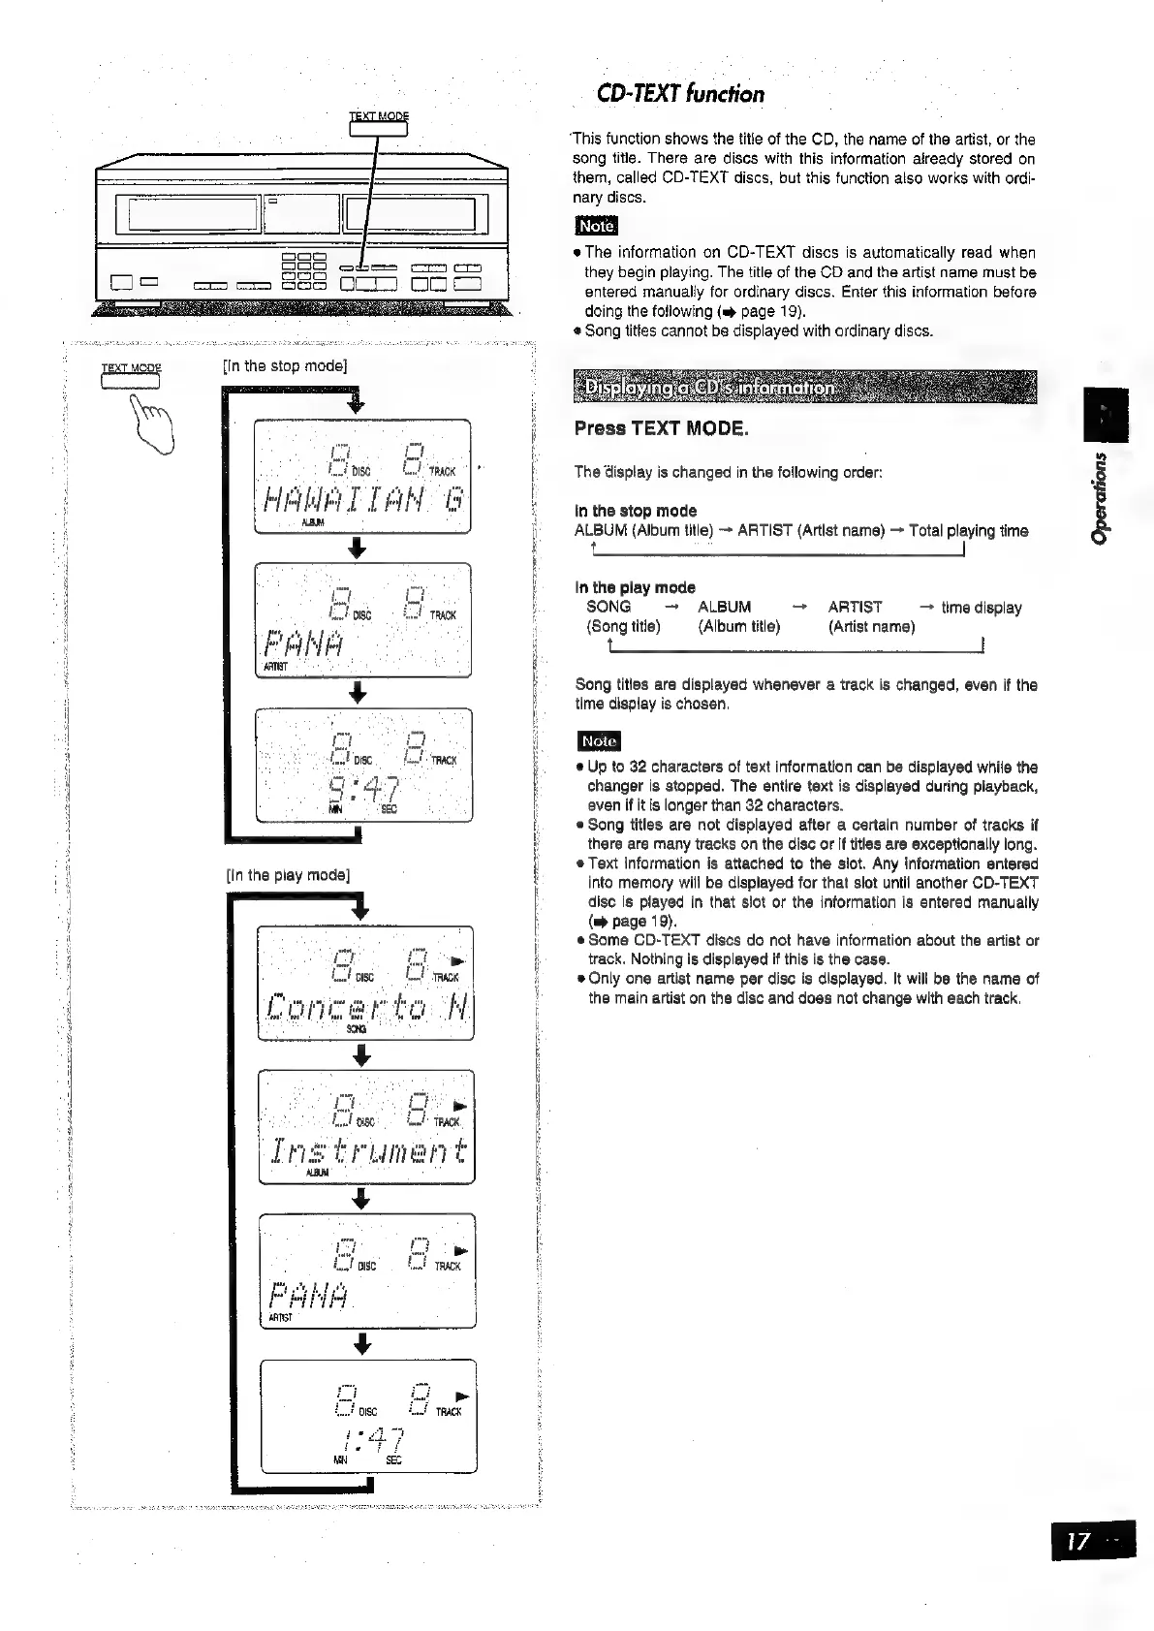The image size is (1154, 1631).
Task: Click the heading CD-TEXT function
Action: click(x=680, y=94)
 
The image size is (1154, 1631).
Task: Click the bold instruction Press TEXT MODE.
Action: click(x=662, y=428)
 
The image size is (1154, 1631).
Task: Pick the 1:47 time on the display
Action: click(x=366, y=1437)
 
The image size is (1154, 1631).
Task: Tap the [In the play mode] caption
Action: click(x=287, y=875)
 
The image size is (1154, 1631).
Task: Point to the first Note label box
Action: click(x=596, y=226)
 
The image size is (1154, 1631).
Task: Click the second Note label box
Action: click(x=598, y=741)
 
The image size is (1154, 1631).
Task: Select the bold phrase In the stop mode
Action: click(x=635, y=511)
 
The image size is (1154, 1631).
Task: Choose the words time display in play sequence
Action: click(x=981, y=608)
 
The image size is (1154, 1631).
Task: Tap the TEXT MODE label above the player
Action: click(x=378, y=116)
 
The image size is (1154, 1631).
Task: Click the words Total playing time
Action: click(x=968, y=531)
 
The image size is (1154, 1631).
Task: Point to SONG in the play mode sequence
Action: click(x=608, y=608)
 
